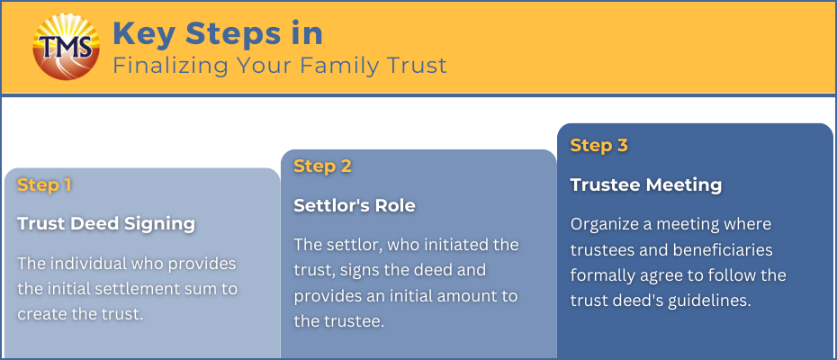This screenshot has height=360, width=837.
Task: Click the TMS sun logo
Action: (x=67, y=47)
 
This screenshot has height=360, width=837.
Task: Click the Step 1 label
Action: (x=44, y=184)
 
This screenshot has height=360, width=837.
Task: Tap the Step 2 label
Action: (x=322, y=166)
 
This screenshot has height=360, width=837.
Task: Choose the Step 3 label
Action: (x=598, y=145)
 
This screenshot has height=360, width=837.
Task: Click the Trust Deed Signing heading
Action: (x=106, y=224)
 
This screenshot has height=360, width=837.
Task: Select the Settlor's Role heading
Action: (x=355, y=205)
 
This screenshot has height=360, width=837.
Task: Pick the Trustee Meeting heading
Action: (x=646, y=184)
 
